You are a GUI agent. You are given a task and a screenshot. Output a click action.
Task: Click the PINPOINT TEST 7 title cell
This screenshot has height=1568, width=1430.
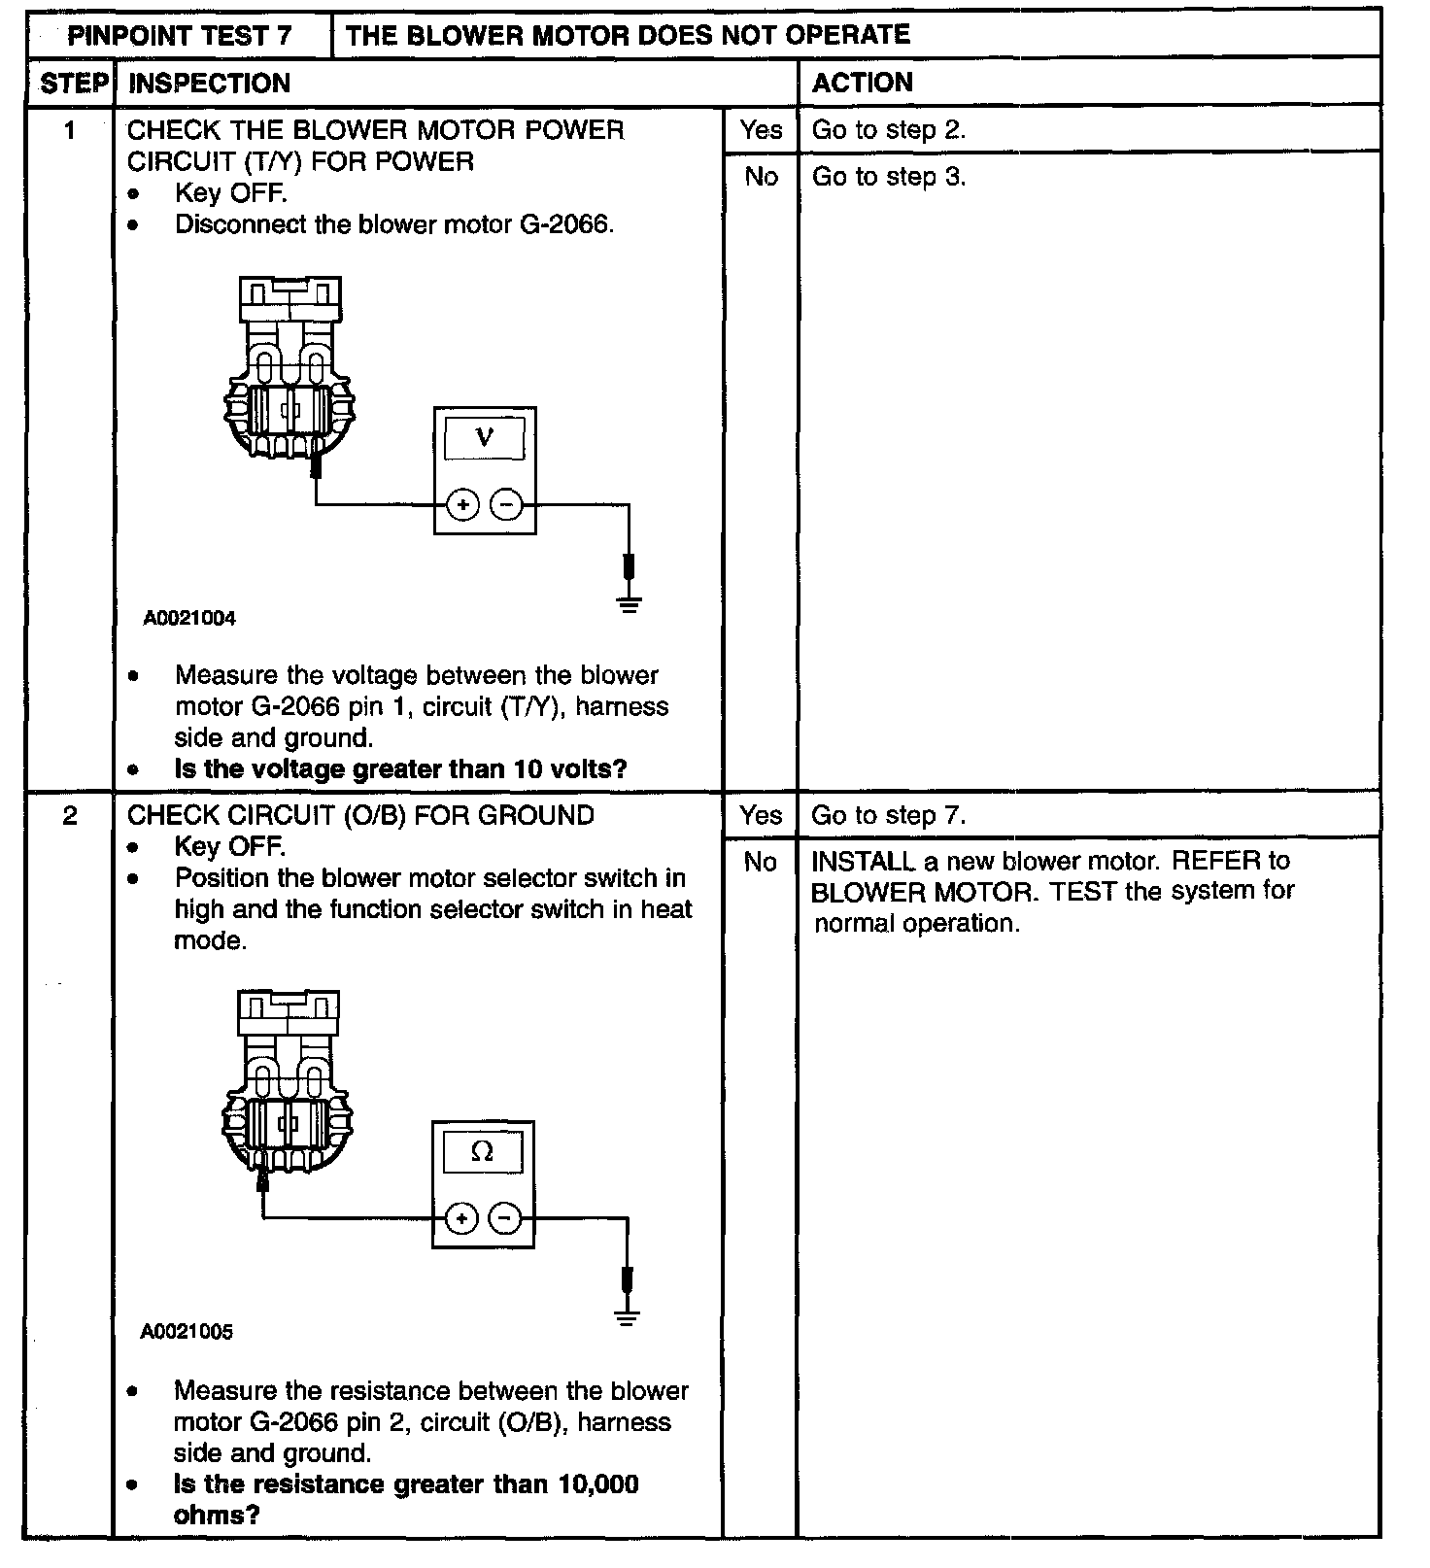click(x=180, y=35)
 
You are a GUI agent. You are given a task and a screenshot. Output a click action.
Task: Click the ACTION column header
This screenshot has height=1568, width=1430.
click(x=863, y=83)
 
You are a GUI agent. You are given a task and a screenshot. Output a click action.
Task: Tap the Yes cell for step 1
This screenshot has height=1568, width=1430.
click(x=761, y=129)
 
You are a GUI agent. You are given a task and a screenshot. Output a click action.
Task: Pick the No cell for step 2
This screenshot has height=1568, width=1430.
click(x=761, y=862)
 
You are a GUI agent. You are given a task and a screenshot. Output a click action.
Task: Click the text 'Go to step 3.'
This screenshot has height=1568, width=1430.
click(x=889, y=177)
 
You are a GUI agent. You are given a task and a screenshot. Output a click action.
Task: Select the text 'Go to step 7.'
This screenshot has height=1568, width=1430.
click(x=889, y=815)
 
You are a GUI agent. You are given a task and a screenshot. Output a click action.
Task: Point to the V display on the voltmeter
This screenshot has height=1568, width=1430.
click(x=485, y=438)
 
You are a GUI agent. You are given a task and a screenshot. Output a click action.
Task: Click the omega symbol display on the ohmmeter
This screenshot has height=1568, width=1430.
click(x=482, y=1152)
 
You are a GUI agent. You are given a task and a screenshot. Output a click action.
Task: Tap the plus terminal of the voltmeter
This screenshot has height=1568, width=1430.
click(x=463, y=505)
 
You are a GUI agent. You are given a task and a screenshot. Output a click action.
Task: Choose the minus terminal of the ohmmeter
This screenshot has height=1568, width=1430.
click(x=503, y=1218)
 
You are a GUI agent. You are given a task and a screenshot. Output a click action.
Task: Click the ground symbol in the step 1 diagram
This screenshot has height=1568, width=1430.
click(x=630, y=603)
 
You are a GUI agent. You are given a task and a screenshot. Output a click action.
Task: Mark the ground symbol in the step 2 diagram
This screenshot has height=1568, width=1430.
click(x=628, y=1317)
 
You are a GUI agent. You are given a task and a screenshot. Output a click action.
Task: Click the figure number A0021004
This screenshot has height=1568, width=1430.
click(x=189, y=618)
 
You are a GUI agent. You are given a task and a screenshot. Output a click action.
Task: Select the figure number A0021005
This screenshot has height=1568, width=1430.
click(x=187, y=1332)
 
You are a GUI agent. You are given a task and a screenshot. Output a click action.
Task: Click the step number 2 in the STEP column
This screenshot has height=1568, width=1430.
click(x=70, y=815)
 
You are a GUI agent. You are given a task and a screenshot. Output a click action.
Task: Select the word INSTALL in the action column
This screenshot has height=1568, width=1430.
click(x=863, y=862)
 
